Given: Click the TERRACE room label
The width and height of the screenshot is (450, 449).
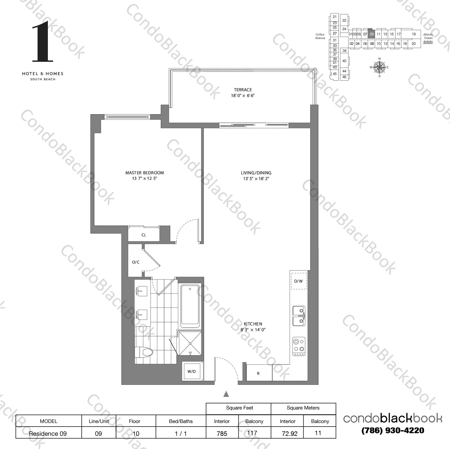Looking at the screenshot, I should coord(243,90).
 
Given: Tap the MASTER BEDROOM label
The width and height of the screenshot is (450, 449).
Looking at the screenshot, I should coord(145,173).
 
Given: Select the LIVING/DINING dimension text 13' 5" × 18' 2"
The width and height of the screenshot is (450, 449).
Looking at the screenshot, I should coord(256,179).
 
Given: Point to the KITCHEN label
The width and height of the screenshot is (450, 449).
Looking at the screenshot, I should coord(253,324).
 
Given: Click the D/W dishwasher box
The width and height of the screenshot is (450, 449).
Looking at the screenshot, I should coord(299,281).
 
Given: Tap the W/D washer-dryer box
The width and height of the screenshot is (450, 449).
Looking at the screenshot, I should coord(191,371).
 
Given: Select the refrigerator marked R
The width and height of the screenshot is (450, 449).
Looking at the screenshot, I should coord(259,373).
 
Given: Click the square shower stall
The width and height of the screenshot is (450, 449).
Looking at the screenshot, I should coord(190,343).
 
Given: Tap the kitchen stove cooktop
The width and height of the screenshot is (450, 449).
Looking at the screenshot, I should coord(299,346).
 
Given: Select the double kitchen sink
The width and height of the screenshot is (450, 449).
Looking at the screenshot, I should coord(299,316).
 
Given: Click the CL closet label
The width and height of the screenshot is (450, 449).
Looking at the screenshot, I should coord(144,235).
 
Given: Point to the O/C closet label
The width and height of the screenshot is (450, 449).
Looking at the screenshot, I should coord(136,262).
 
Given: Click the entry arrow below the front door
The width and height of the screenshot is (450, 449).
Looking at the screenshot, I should coord(226,394).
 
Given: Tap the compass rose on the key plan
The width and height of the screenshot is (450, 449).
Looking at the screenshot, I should coord(379,67).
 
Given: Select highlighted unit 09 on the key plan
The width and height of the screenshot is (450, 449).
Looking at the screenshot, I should coord(372,34).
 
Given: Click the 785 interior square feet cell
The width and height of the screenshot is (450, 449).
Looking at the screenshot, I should coord(222,433).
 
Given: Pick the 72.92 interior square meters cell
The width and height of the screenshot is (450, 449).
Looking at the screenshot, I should coord(289,433).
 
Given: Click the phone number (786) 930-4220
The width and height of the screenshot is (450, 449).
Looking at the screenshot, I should coord(393,430).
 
